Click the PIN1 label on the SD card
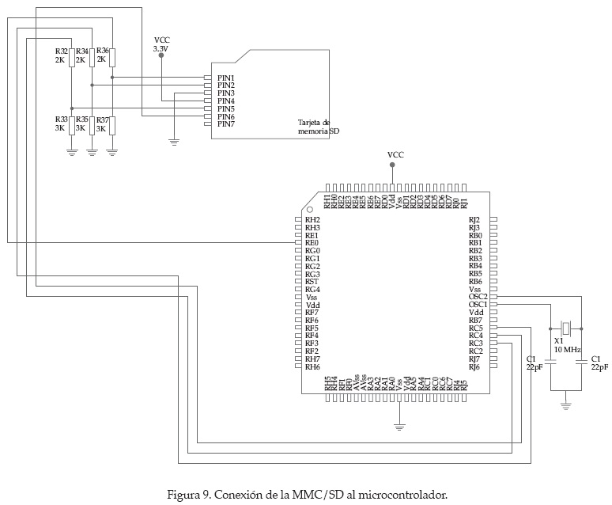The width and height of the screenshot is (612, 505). click(226, 78)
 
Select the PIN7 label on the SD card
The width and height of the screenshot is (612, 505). click(226, 124)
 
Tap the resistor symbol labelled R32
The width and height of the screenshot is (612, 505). click(71, 58)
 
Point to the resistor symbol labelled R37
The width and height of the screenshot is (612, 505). click(111, 125)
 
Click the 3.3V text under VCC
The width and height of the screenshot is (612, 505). click(161, 49)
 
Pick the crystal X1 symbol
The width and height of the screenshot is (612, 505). click(565, 328)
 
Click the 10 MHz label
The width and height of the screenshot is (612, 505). click(567, 349)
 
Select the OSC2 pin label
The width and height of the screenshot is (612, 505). click(478, 297)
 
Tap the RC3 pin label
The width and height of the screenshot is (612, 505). click(475, 344)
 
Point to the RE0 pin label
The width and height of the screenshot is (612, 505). click(312, 243)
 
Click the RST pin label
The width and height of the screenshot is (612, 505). click(312, 282)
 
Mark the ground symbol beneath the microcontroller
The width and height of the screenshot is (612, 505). click(399, 427)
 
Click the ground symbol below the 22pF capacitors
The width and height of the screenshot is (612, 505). click(566, 405)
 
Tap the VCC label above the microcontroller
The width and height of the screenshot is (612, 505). click(395, 154)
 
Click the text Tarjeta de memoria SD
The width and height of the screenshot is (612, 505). click(319, 127)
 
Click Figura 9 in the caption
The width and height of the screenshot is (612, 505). click(188, 496)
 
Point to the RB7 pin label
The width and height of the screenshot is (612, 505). click(475, 320)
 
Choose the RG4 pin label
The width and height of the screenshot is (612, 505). click(312, 290)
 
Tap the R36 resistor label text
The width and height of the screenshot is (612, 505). click(102, 51)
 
